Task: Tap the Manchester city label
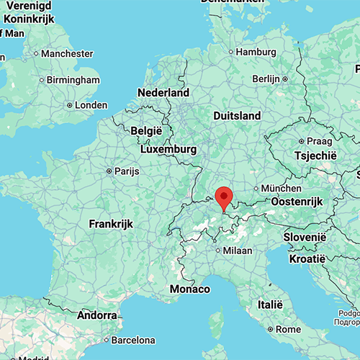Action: (x=67, y=53)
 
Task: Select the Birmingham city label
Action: (x=73, y=79)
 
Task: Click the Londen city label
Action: (x=91, y=104)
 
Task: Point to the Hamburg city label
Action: (x=257, y=52)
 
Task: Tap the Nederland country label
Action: (x=163, y=93)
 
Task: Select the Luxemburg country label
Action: (x=168, y=149)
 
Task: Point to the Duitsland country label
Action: (x=237, y=115)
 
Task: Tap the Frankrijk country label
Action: (x=111, y=224)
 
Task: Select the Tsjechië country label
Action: (x=315, y=156)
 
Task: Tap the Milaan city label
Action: (x=237, y=250)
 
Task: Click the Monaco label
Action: (x=190, y=289)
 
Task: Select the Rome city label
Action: (x=289, y=329)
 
